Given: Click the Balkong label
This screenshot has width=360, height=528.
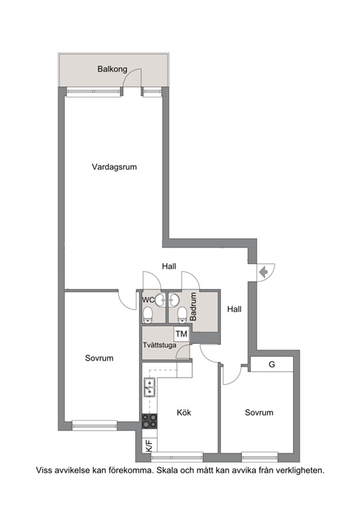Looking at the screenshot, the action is click(x=112, y=69).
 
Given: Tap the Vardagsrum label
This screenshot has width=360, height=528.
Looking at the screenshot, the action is click(x=114, y=167).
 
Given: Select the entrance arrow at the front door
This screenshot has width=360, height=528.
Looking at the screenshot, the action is click(x=264, y=270).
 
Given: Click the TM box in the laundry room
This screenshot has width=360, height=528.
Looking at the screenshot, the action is click(x=181, y=334).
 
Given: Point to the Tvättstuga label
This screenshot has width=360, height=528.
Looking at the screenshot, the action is click(x=159, y=345).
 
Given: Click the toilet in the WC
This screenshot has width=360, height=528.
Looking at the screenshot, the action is click(x=148, y=314).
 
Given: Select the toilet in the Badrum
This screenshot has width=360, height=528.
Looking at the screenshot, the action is click(x=182, y=314).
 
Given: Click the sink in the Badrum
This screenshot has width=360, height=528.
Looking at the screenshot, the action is click(x=174, y=299).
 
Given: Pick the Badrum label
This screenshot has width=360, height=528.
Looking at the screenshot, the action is click(x=193, y=306).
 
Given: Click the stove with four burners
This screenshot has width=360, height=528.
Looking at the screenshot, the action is click(x=149, y=421).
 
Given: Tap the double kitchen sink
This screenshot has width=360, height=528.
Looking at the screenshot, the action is click(x=150, y=387).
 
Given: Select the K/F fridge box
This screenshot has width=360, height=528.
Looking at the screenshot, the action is click(x=149, y=445).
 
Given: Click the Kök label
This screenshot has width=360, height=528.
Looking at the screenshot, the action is click(x=184, y=412).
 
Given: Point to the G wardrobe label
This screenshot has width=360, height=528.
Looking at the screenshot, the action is click(x=271, y=364).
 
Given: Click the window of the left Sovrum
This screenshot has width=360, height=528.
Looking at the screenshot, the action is click(x=95, y=425).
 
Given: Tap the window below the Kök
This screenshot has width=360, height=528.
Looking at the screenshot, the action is click(x=177, y=458).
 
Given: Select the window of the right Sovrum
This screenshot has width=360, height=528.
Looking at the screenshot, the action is click(x=259, y=457).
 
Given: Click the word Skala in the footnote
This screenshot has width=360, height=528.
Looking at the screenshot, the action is click(x=167, y=470).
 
